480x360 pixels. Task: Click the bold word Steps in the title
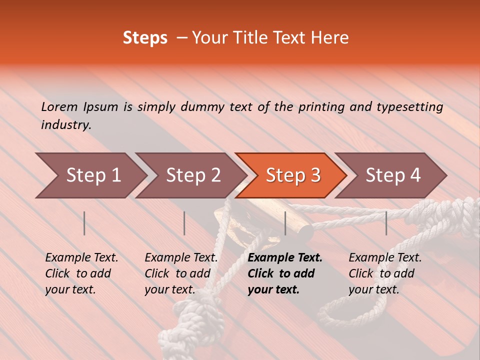pos(145,38)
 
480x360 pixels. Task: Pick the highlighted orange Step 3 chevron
pos(293,175)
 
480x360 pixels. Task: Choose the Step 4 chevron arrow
pos(393,175)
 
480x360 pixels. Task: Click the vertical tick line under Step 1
pos(84,223)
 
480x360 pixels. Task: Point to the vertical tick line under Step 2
pos(184,223)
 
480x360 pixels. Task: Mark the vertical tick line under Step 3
pos(285,223)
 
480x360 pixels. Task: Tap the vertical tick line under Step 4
pos(386,223)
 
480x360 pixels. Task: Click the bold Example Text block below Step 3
pos(285,273)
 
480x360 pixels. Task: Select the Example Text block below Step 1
pos(81,273)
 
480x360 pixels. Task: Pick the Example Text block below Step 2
pos(181,273)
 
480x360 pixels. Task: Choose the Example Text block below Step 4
pos(385,273)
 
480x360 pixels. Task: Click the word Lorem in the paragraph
pos(59,106)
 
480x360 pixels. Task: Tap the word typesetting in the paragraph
pos(409,107)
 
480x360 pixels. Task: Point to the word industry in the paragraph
pos(65,125)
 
